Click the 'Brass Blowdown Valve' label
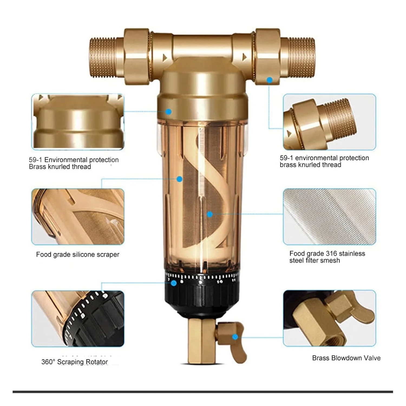(346, 358)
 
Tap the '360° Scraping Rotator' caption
(74, 362)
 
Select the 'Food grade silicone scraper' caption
(78, 254)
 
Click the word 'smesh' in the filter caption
(330, 260)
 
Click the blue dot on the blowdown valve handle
(235, 337)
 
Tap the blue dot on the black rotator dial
(174, 283)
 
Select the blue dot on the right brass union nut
(270, 80)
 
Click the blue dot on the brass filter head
(168, 112)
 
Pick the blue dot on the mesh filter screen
(209, 214)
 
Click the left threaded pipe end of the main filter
(103, 58)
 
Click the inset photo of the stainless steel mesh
(329, 217)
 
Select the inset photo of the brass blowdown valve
(329, 318)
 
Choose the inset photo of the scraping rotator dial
(78, 319)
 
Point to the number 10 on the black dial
(220, 282)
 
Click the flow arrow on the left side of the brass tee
(165, 57)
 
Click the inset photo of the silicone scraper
(78, 217)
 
